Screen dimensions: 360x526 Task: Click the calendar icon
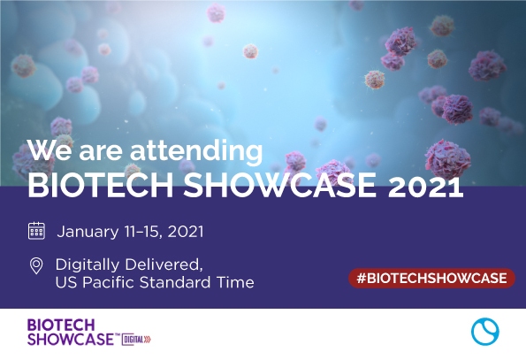click(36, 232)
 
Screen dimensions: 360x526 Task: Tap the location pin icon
click(36, 265)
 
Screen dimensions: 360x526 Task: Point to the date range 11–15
click(144, 232)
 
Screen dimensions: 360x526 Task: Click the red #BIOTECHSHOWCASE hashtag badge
click(431, 278)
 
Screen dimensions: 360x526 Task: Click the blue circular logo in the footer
click(484, 332)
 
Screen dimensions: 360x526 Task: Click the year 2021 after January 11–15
click(186, 232)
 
